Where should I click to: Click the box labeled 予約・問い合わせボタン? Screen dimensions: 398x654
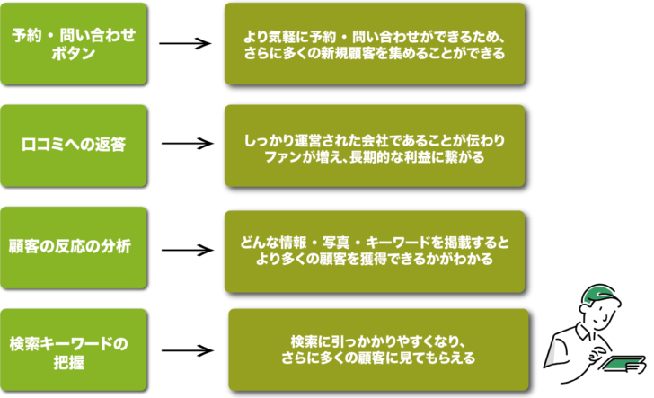tap(74, 43)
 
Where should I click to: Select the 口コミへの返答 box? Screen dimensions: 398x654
tap(74, 145)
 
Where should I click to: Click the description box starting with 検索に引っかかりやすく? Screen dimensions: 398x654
tap(376, 350)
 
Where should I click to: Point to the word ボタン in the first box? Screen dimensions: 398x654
tap(74, 53)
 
